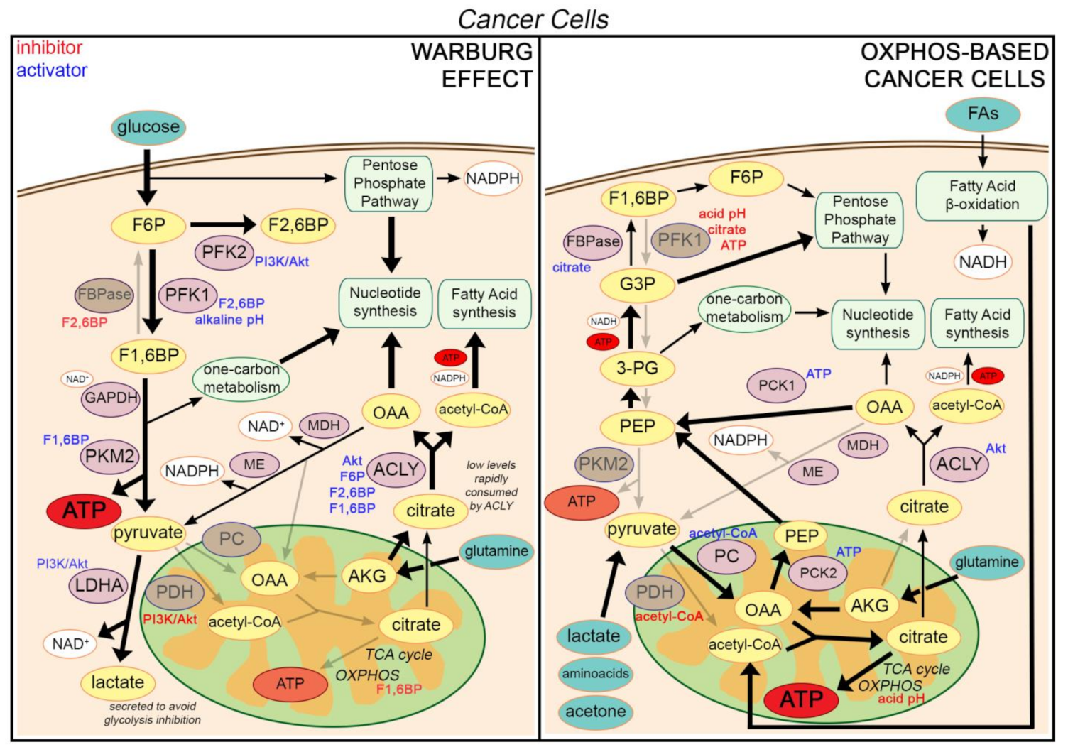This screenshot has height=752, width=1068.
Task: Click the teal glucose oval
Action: coord(148,127)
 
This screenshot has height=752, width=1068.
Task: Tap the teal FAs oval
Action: coord(983,114)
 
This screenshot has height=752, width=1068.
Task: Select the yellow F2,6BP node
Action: coord(298,226)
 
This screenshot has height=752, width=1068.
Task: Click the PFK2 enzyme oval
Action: coord(224,253)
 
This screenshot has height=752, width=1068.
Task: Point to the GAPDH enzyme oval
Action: coord(110,398)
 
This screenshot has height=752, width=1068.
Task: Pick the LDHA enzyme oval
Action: coord(99,586)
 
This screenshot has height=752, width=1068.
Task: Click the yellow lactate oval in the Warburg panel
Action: coord(117,683)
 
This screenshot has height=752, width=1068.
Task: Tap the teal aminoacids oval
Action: coord(595,674)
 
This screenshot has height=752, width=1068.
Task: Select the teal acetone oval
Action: coord(595,712)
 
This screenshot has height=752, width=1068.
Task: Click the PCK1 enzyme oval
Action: coord(776,386)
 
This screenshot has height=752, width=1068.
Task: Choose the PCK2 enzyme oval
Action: coord(818,573)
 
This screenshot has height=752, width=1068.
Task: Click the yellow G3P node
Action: coord(637,285)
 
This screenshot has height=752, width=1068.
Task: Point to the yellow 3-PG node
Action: coord(637,369)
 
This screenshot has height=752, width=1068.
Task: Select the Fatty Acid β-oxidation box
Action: coord(982,195)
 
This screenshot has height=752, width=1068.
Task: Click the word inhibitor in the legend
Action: coord(50,48)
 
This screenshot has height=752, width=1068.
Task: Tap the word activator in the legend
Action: coord(52,70)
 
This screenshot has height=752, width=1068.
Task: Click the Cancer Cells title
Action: coord(533,19)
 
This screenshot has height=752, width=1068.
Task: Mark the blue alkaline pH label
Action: coord(229,320)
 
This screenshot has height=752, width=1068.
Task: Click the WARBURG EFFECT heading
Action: coord(472,65)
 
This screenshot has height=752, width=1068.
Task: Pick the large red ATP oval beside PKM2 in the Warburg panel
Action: coord(84,511)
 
